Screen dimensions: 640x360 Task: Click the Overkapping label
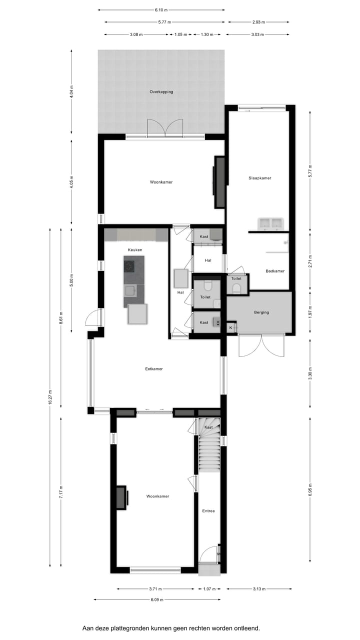(161, 92)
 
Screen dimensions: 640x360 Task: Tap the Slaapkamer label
(259, 178)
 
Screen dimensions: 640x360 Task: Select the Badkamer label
(275, 271)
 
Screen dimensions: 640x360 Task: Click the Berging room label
(261, 312)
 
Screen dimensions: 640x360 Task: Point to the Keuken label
(135, 249)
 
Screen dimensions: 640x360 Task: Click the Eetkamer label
(154, 369)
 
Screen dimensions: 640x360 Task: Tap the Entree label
(208, 511)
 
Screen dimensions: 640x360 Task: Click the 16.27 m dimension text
(50, 398)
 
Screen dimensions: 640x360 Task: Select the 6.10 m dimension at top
(161, 9)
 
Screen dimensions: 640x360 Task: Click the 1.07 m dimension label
(208, 589)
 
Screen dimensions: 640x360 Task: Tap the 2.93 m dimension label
(258, 22)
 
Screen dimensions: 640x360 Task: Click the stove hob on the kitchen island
(130, 265)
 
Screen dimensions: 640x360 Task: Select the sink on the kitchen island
(130, 289)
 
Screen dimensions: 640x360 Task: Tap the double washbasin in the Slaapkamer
(270, 223)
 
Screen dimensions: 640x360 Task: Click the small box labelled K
(231, 327)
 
